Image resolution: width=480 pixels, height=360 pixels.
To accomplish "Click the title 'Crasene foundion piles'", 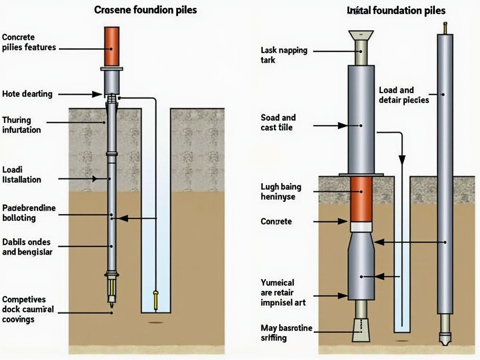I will pos(145,10).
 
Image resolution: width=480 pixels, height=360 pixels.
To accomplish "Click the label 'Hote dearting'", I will pos(27,94).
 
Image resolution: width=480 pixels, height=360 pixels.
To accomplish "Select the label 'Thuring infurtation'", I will pos(22,125).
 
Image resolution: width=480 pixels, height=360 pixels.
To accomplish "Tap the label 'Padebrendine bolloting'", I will pos(29,213).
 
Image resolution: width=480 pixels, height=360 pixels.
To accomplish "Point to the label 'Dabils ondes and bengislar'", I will pos(27,247).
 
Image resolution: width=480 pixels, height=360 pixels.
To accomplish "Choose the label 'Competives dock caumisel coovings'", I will pos(28,309).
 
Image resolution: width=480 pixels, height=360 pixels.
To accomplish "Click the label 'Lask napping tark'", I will pos(284,55).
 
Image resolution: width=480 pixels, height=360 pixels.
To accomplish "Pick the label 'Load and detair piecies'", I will pos(403,95).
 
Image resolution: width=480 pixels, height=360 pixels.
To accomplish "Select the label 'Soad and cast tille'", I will pos(278,122).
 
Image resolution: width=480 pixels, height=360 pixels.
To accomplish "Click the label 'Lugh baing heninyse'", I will pos(281,192).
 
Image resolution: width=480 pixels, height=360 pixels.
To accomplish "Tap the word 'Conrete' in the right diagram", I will pos(276,221).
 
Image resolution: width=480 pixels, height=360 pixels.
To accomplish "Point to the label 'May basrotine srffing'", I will pos(286,332).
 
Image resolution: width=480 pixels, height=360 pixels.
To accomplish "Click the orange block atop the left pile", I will pos(112,46).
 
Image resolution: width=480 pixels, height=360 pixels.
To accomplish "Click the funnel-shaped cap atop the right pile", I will pos(361,35).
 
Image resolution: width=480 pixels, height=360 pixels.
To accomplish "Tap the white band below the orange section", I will pos(361,227).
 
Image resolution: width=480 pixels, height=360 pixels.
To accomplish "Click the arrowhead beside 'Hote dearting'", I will pos(97,94).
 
